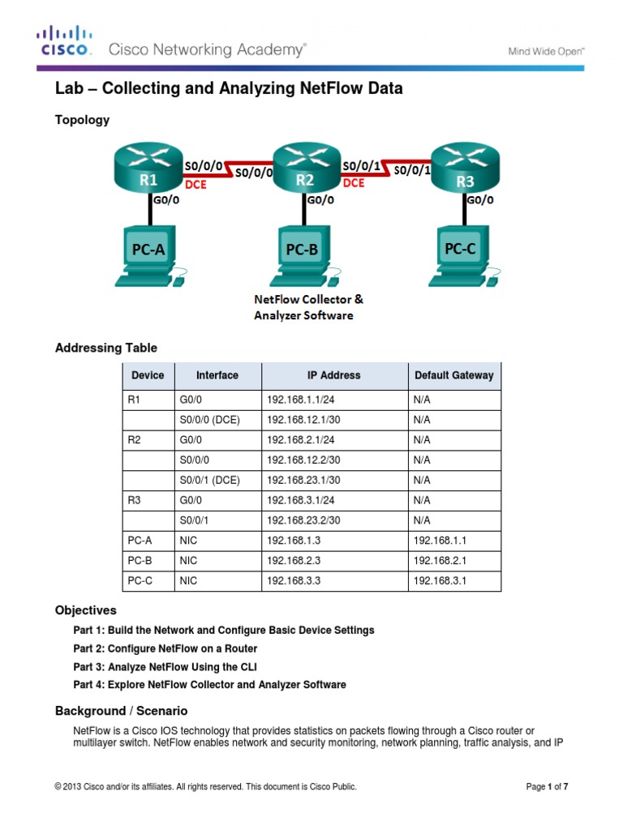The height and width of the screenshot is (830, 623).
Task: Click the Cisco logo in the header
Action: point(65,41)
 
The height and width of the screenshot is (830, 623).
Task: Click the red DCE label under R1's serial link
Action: point(196,185)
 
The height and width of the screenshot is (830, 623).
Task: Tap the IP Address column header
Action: point(333,375)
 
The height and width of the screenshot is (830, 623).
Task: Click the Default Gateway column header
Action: point(453,375)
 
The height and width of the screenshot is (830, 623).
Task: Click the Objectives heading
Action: point(85,610)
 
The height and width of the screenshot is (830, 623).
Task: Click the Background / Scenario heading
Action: point(121,711)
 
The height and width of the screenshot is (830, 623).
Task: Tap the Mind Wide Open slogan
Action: point(546,50)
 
